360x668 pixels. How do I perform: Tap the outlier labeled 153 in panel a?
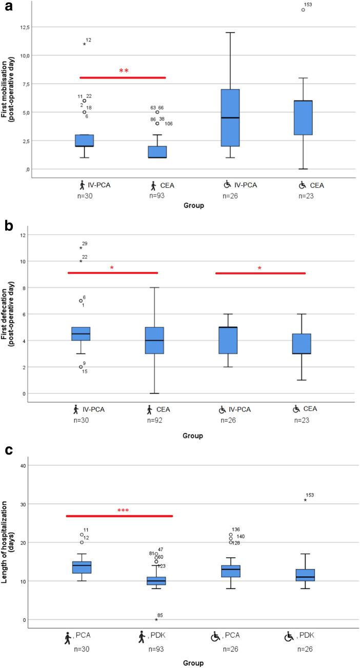[303, 10]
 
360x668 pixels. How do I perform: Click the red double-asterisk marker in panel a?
[124, 71]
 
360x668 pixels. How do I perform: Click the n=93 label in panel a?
[156, 195]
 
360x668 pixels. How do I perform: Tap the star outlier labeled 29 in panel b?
[81, 248]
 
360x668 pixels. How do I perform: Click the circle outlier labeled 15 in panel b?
[81, 367]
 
